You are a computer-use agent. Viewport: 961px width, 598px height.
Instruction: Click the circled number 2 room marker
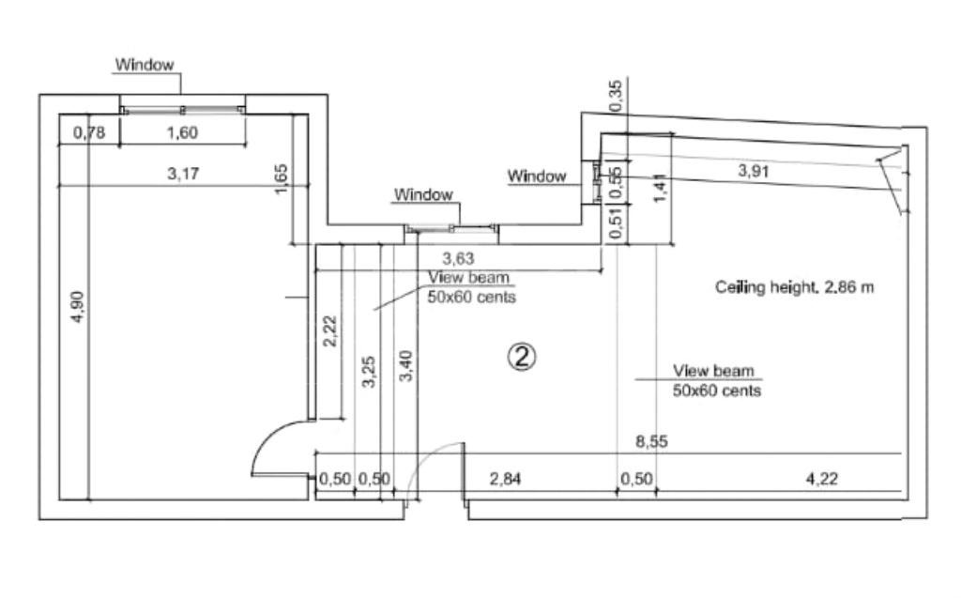pyautogui.click(x=522, y=355)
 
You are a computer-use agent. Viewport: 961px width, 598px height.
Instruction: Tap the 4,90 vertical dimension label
pyautogui.click(x=78, y=307)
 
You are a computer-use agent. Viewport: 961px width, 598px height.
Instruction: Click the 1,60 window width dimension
pyautogui.click(x=182, y=132)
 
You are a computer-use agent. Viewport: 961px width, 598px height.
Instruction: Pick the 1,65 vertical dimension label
pyautogui.click(x=282, y=180)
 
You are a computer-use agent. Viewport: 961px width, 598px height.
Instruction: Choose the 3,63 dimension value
pyautogui.click(x=459, y=257)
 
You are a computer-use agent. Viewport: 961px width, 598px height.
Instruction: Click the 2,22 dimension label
pyautogui.click(x=329, y=330)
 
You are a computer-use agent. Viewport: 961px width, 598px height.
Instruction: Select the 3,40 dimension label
pyautogui.click(x=405, y=365)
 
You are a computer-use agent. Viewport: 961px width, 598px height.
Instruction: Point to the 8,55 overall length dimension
pyautogui.click(x=651, y=442)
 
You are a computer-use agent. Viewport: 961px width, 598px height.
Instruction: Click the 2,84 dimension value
pyautogui.click(x=506, y=479)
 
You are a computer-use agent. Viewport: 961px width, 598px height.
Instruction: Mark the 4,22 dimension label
pyautogui.click(x=821, y=479)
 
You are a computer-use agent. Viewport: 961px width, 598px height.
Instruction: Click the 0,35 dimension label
pyautogui.click(x=616, y=97)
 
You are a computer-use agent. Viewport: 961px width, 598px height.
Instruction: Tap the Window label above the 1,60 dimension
pyautogui.click(x=145, y=65)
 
